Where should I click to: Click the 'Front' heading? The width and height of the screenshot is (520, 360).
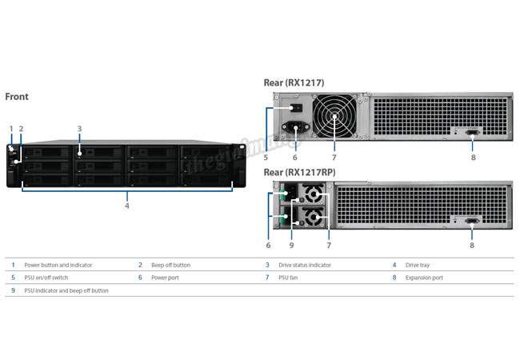coord(17,97)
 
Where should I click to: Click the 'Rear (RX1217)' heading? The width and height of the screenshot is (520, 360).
coord(294,82)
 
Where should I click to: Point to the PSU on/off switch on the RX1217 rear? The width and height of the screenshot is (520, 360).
coord(295,108)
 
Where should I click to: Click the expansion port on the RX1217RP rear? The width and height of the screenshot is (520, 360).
coord(472,224)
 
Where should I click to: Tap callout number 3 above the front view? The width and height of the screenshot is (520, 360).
coord(80,128)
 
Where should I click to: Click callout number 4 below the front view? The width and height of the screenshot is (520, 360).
coord(126,206)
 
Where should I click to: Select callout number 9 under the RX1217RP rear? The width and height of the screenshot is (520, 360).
coord(292,246)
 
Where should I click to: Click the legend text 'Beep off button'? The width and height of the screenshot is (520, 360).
coord(170,265)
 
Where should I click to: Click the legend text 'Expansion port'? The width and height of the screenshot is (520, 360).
coord(424,278)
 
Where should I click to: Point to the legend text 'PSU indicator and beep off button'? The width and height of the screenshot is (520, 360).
coord(66,290)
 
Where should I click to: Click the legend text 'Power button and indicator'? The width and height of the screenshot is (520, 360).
coord(58,265)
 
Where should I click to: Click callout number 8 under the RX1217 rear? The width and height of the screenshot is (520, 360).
coord(473,158)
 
